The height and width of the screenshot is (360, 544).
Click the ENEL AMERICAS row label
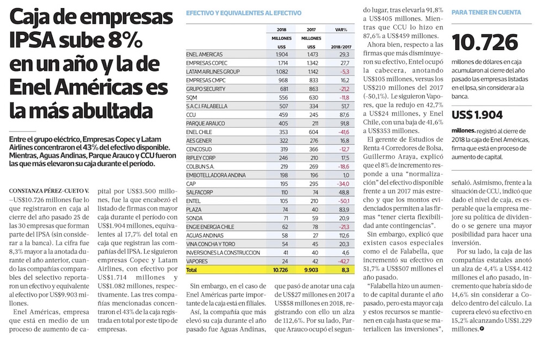(x=205, y=54)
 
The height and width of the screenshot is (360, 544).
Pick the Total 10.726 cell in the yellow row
(x=280, y=270)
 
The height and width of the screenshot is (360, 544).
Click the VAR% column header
(x=341, y=30)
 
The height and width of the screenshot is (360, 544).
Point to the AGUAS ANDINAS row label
(x=204, y=235)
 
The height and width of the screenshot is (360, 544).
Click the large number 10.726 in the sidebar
(x=485, y=42)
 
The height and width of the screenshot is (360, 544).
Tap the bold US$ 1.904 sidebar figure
(x=477, y=115)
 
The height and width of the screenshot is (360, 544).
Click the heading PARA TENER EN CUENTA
(x=486, y=13)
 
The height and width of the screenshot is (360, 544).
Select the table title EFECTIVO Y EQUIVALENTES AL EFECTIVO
(x=244, y=13)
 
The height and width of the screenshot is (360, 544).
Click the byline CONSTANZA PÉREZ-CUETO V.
(x=49, y=191)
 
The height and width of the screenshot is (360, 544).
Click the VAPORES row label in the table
(x=197, y=262)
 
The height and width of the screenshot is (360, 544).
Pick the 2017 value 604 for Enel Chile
(x=313, y=132)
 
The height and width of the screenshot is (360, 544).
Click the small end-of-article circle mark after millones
(x=481, y=329)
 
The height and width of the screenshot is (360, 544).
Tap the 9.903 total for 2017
(x=311, y=270)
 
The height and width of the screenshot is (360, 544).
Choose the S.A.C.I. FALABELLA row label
(x=207, y=106)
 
